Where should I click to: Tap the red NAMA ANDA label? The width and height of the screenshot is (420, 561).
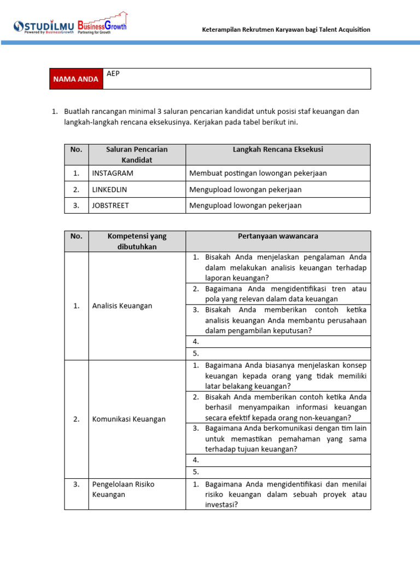pyautogui.click(x=75, y=79)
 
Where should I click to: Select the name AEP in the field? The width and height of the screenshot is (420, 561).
pyautogui.click(x=113, y=73)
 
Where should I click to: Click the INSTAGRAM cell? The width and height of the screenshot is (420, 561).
pyautogui.click(x=113, y=173)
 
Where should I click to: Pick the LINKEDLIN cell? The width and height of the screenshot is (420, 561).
pyautogui.click(x=112, y=190)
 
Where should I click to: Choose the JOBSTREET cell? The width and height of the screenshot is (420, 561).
pyautogui.click(x=111, y=205)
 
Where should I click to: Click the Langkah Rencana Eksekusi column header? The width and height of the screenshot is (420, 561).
pyautogui.click(x=278, y=150)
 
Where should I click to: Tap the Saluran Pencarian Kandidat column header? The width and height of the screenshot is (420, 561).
pyautogui.click(x=137, y=154)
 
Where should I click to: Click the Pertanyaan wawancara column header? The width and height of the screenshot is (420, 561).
pyautogui.click(x=278, y=236)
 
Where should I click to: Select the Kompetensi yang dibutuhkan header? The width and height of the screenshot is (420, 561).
pyautogui.click(x=137, y=241)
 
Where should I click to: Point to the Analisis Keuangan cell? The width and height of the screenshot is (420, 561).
pyautogui.click(x=122, y=306)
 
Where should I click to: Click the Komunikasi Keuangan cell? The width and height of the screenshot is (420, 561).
pyautogui.click(x=129, y=419)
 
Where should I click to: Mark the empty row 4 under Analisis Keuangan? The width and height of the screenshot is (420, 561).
pyautogui.click(x=278, y=341)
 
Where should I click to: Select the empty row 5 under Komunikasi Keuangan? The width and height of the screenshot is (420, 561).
pyautogui.click(x=278, y=472)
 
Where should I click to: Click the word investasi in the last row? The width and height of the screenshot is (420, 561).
pyautogui.click(x=220, y=505)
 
